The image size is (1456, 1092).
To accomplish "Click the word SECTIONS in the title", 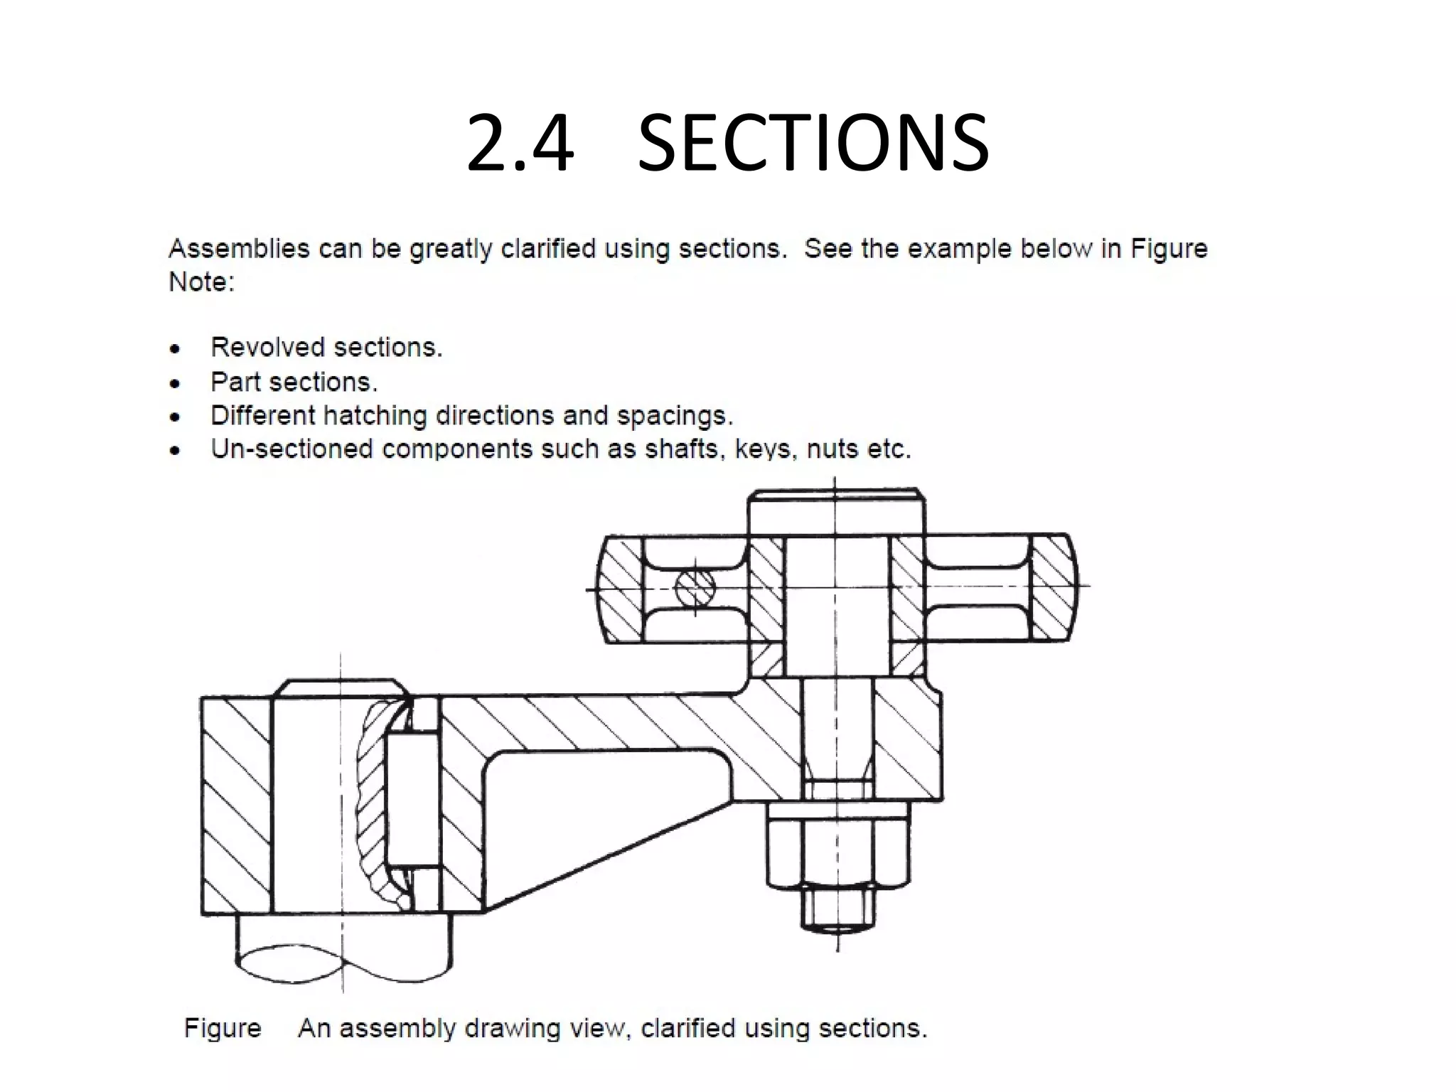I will pyautogui.click(x=813, y=144).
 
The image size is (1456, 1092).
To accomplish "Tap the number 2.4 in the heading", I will pyautogui.click(x=520, y=144).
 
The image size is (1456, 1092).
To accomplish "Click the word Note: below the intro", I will pyautogui.click(x=201, y=282).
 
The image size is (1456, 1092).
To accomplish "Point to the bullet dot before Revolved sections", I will pyautogui.click(x=175, y=349).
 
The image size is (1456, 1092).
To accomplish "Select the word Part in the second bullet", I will pyautogui.click(x=235, y=382).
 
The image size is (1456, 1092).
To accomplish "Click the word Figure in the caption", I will pyautogui.click(x=223, y=1028).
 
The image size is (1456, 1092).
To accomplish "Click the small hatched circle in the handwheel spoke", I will pyautogui.click(x=695, y=588).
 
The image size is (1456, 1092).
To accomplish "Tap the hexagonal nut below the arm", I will pyautogui.click(x=837, y=846).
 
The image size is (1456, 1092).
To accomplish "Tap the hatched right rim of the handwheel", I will pyautogui.click(x=1051, y=588).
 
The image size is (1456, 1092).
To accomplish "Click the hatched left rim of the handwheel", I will pyautogui.click(x=620, y=588).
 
